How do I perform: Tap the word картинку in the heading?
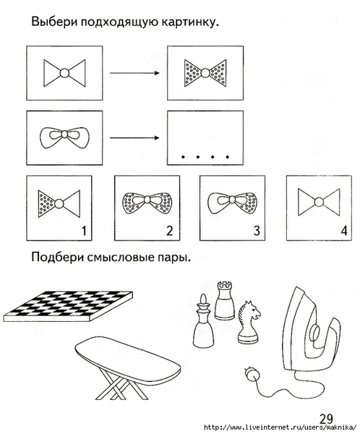190,22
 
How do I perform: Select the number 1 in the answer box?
84,231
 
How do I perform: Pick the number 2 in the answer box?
170,231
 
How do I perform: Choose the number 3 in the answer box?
257,231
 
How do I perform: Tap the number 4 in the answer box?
343,231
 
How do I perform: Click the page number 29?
327,419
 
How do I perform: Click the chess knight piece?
249,322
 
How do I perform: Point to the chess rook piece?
224,300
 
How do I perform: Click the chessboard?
68,306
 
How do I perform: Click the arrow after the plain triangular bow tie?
134,73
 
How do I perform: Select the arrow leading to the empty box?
134,138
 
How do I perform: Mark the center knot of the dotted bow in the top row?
205,73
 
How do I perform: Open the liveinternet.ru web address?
280,427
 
